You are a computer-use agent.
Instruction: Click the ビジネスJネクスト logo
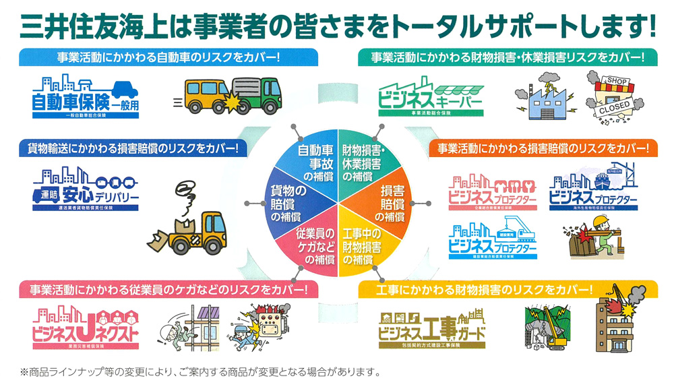click(x=84, y=328)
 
